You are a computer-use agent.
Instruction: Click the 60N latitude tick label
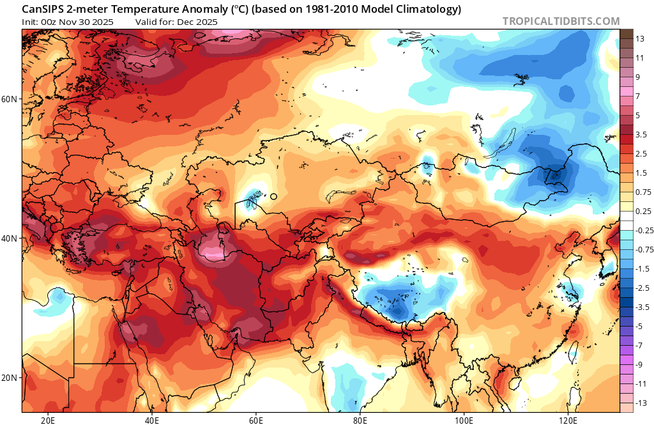coord(10,99)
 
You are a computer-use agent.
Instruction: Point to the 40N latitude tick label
coord(10,238)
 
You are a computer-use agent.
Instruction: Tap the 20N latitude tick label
coord(10,377)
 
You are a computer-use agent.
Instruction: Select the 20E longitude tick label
coord(47,419)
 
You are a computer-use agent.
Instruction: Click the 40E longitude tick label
coord(151,419)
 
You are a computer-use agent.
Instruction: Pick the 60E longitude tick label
coord(255,419)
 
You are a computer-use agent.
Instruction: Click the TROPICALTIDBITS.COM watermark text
coord(561,21)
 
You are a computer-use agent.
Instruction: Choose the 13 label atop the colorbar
coord(639,39)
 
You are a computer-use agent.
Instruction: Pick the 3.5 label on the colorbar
coord(641,134)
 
